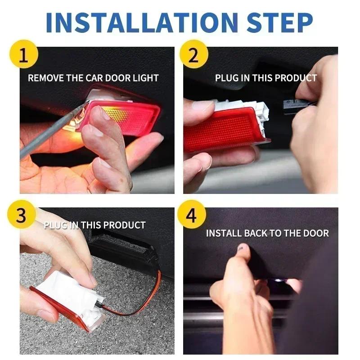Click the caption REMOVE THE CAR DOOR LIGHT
[93, 78]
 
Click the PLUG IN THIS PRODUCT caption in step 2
[265, 78]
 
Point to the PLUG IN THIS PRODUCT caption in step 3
[94, 225]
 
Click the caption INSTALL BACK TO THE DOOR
[267, 233]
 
